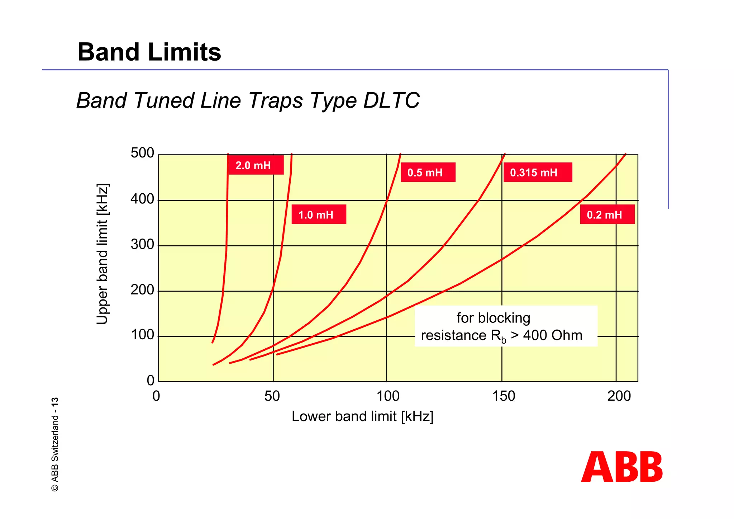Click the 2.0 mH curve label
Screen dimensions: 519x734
(256, 165)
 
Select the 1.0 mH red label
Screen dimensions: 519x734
(319, 214)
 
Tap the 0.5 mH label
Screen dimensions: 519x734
(428, 173)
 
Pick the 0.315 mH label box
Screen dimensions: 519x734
(537, 173)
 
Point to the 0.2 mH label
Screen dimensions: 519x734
(607, 214)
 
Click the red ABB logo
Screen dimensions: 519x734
(622, 467)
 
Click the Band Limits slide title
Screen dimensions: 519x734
(149, 52)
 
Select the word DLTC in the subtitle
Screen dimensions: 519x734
(391, 100)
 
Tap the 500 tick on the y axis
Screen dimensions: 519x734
(142, 153)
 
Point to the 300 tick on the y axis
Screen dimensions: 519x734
(142, 245)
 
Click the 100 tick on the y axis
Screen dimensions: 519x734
(142, 335)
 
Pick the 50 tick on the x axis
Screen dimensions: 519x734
(272, 396)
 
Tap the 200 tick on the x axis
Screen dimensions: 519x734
(619, 396)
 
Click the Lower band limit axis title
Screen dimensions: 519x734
(362, 416)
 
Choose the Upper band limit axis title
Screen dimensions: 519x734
(103, 254)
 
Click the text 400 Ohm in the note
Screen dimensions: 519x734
(553, 335)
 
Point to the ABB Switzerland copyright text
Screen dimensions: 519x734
(55, 444)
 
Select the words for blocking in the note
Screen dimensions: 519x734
(493, 318)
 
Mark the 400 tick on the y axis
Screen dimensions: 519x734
(142, 199)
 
